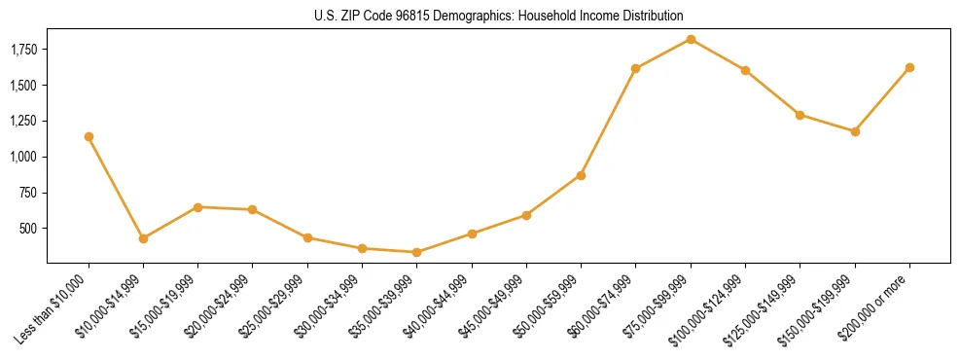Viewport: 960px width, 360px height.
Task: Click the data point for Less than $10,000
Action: pyautogui.click(x=89, y=136)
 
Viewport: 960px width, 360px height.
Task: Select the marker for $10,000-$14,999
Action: pyautogui.click(x=143, y=238)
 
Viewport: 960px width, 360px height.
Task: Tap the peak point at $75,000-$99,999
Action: pyautogui.click(x=691, y=39)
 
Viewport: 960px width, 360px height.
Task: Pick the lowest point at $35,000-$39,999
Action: pyautogui.click(x=416, y=252)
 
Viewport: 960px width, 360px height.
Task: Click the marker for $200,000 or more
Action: pyautogui.click(x=909, y=67)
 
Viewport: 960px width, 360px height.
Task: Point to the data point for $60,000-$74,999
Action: pyautogui.click(x=635, y=68)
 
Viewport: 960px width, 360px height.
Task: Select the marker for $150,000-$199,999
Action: pyautogui.click(x=855, y=131)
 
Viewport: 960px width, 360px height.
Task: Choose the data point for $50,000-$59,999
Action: pyautogui.click(x=581, y=175)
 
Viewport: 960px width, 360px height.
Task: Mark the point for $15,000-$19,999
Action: pyautogui.click(x=197, y=207)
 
